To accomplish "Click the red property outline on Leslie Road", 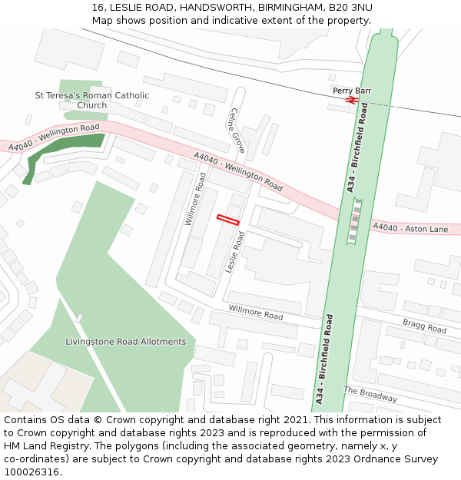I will [227, 220].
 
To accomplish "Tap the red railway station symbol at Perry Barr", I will [352, 99].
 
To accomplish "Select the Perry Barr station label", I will [352, 91].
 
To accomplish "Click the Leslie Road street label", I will [234, 253].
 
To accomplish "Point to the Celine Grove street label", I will [236, 130].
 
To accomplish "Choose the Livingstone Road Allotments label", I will [125, 341].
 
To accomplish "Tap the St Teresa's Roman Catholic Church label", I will [92, 100].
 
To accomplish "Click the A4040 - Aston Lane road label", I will [410, 228].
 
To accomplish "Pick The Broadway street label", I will [370, 394].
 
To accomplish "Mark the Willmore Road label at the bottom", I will [256, 313].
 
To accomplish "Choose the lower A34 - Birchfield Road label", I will [323, 359].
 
